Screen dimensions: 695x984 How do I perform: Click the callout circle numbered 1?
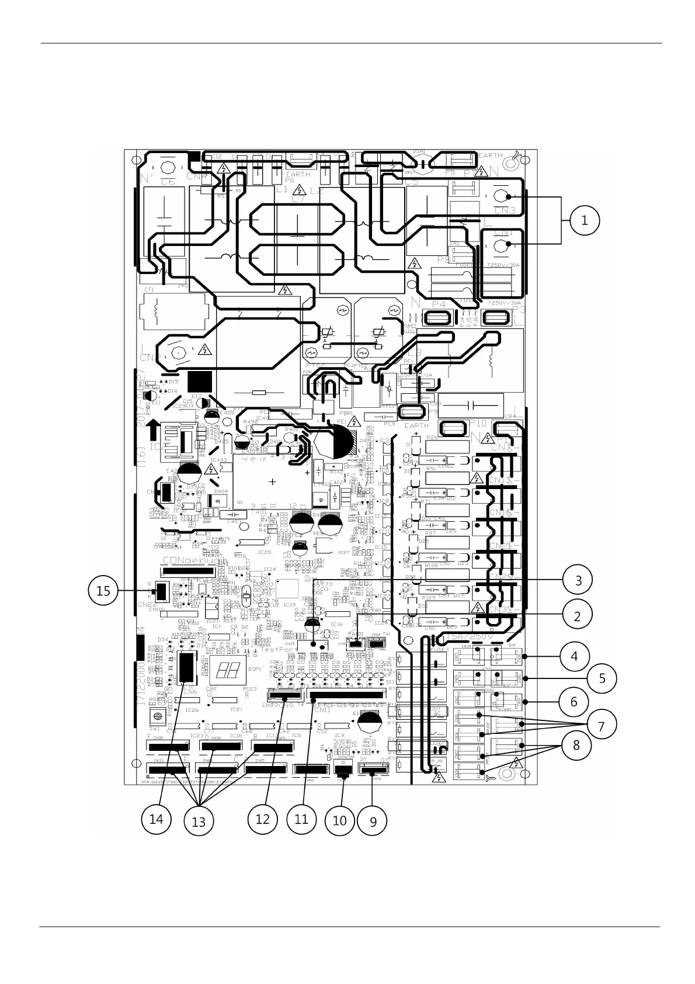[x=584, y=221]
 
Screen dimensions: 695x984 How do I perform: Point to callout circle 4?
[x=574, y=656]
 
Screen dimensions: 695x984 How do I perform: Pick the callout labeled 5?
[x=602, y=678]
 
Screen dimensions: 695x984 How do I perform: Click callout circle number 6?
[x=574, y=701]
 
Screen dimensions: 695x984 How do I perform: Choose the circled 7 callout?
[x=601, y=725]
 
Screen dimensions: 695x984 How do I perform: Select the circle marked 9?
[x=373, y=822]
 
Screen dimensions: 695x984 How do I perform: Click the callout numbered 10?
[x=339, y=820]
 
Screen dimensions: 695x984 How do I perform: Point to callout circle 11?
[x=301, y=819]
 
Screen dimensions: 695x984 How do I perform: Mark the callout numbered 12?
[x=263, y=819]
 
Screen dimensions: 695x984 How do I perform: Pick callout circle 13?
[x=199, y=822]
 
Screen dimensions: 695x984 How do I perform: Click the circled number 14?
[x=156, y=819]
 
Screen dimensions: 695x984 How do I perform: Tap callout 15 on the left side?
[x=103, y=591]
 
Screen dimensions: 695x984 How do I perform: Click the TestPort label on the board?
[x=279, y=649]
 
